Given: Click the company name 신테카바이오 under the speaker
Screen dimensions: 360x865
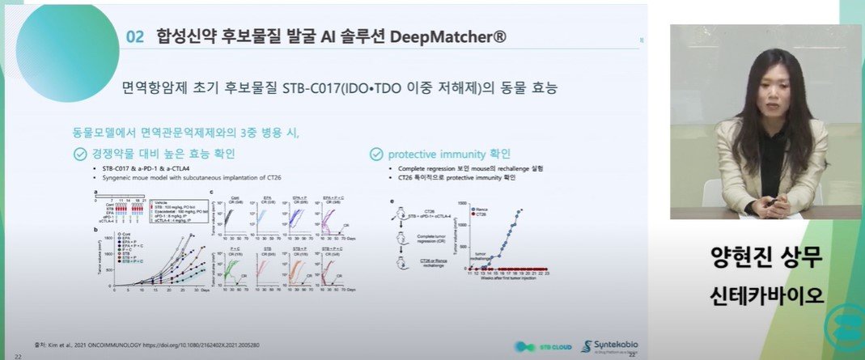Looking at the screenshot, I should (764, 294).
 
